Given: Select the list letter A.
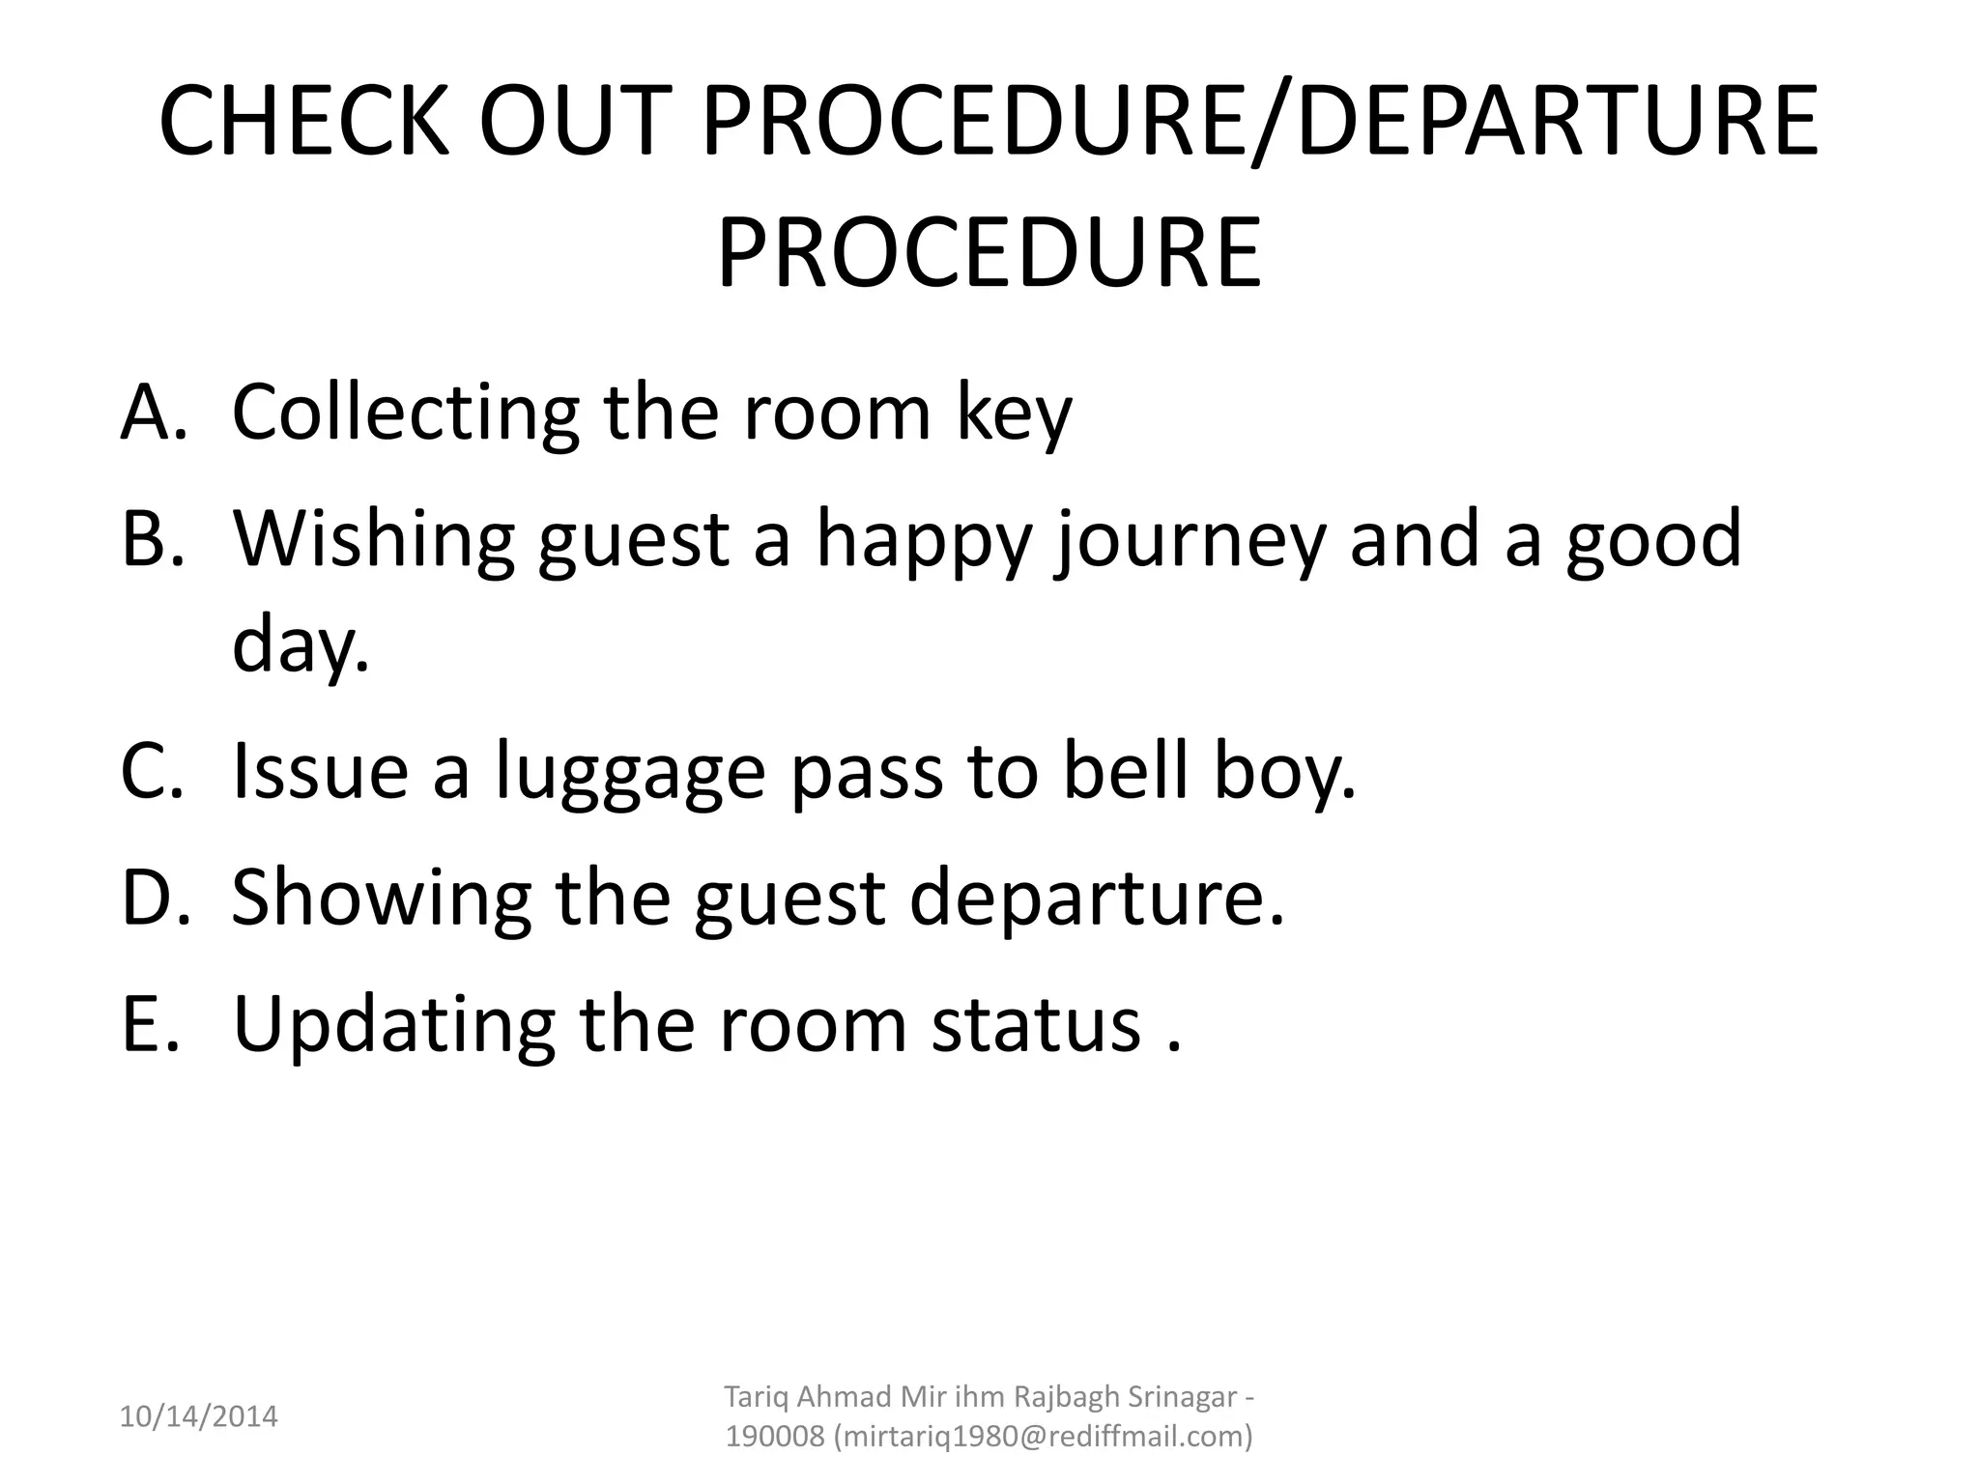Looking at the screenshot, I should (x=152, y=413).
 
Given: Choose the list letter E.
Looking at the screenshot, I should (x=150, y=1024).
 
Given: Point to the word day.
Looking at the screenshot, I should (x=300, y=645).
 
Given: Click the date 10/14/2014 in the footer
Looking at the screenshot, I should (x=198, y=1417).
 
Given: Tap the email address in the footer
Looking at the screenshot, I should (x=1041, y=1437).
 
